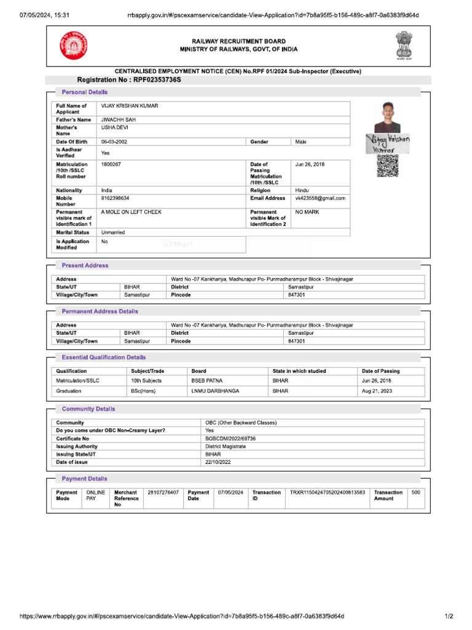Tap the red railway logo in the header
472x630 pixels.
[74, 46]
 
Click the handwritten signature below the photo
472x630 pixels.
[388, 143]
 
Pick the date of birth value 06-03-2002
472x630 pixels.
[114, 142]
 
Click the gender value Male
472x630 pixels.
[301, 142]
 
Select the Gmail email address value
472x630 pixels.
[320, 199]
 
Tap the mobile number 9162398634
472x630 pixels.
[115, 199]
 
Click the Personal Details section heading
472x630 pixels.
[85, 92]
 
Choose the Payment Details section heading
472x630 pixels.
[85, 479]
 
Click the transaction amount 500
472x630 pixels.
[416, 493]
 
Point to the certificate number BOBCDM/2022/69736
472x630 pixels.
[230, 439]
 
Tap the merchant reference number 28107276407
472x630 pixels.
[163, 493]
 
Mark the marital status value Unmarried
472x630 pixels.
[116, 233]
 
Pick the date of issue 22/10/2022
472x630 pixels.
[218, 462]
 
